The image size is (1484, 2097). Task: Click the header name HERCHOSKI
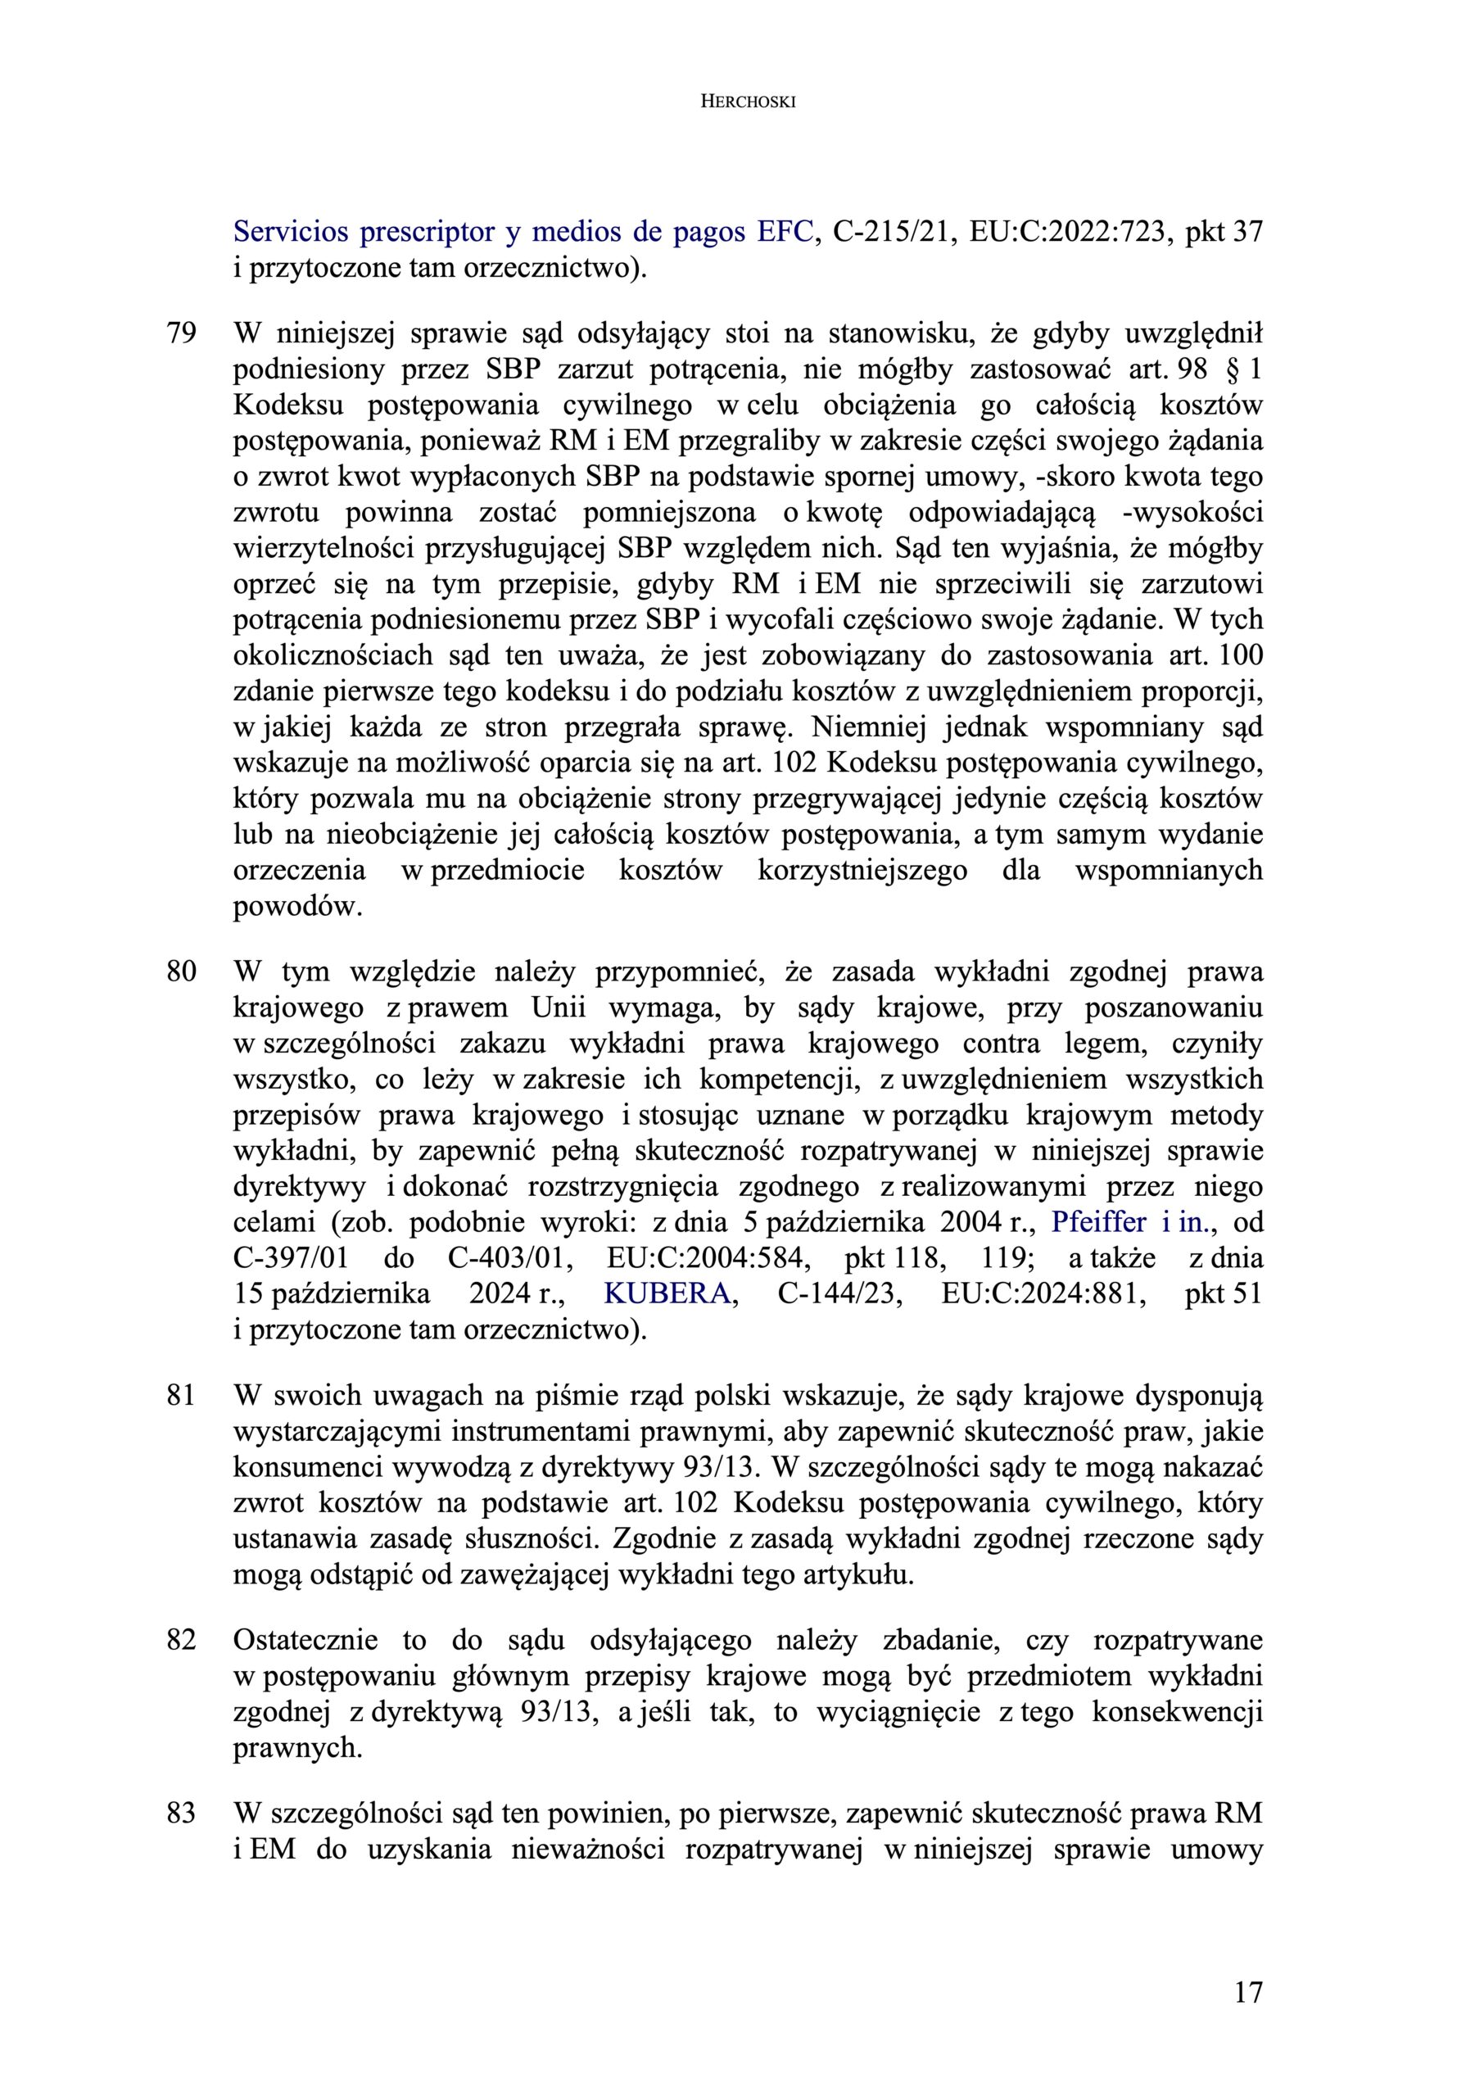(x=748, y=102)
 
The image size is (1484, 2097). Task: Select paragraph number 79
(x=181, y=333)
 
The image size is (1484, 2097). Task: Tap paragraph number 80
(x=181, y=972)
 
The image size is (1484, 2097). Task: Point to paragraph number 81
(x=181, y=1396)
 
